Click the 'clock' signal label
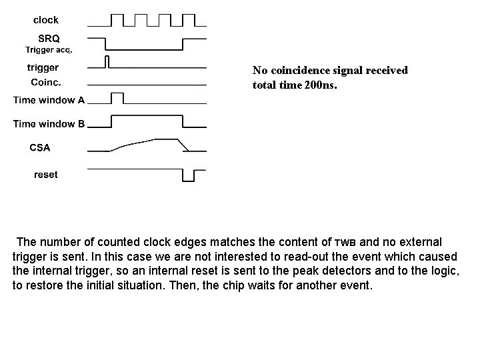46,20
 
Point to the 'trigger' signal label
43,67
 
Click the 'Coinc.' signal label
46,82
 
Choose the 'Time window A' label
49,101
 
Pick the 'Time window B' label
49,123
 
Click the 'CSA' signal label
40,147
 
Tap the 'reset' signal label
45,175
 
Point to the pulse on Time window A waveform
117,98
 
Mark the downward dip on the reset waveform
189,175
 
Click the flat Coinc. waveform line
147,85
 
